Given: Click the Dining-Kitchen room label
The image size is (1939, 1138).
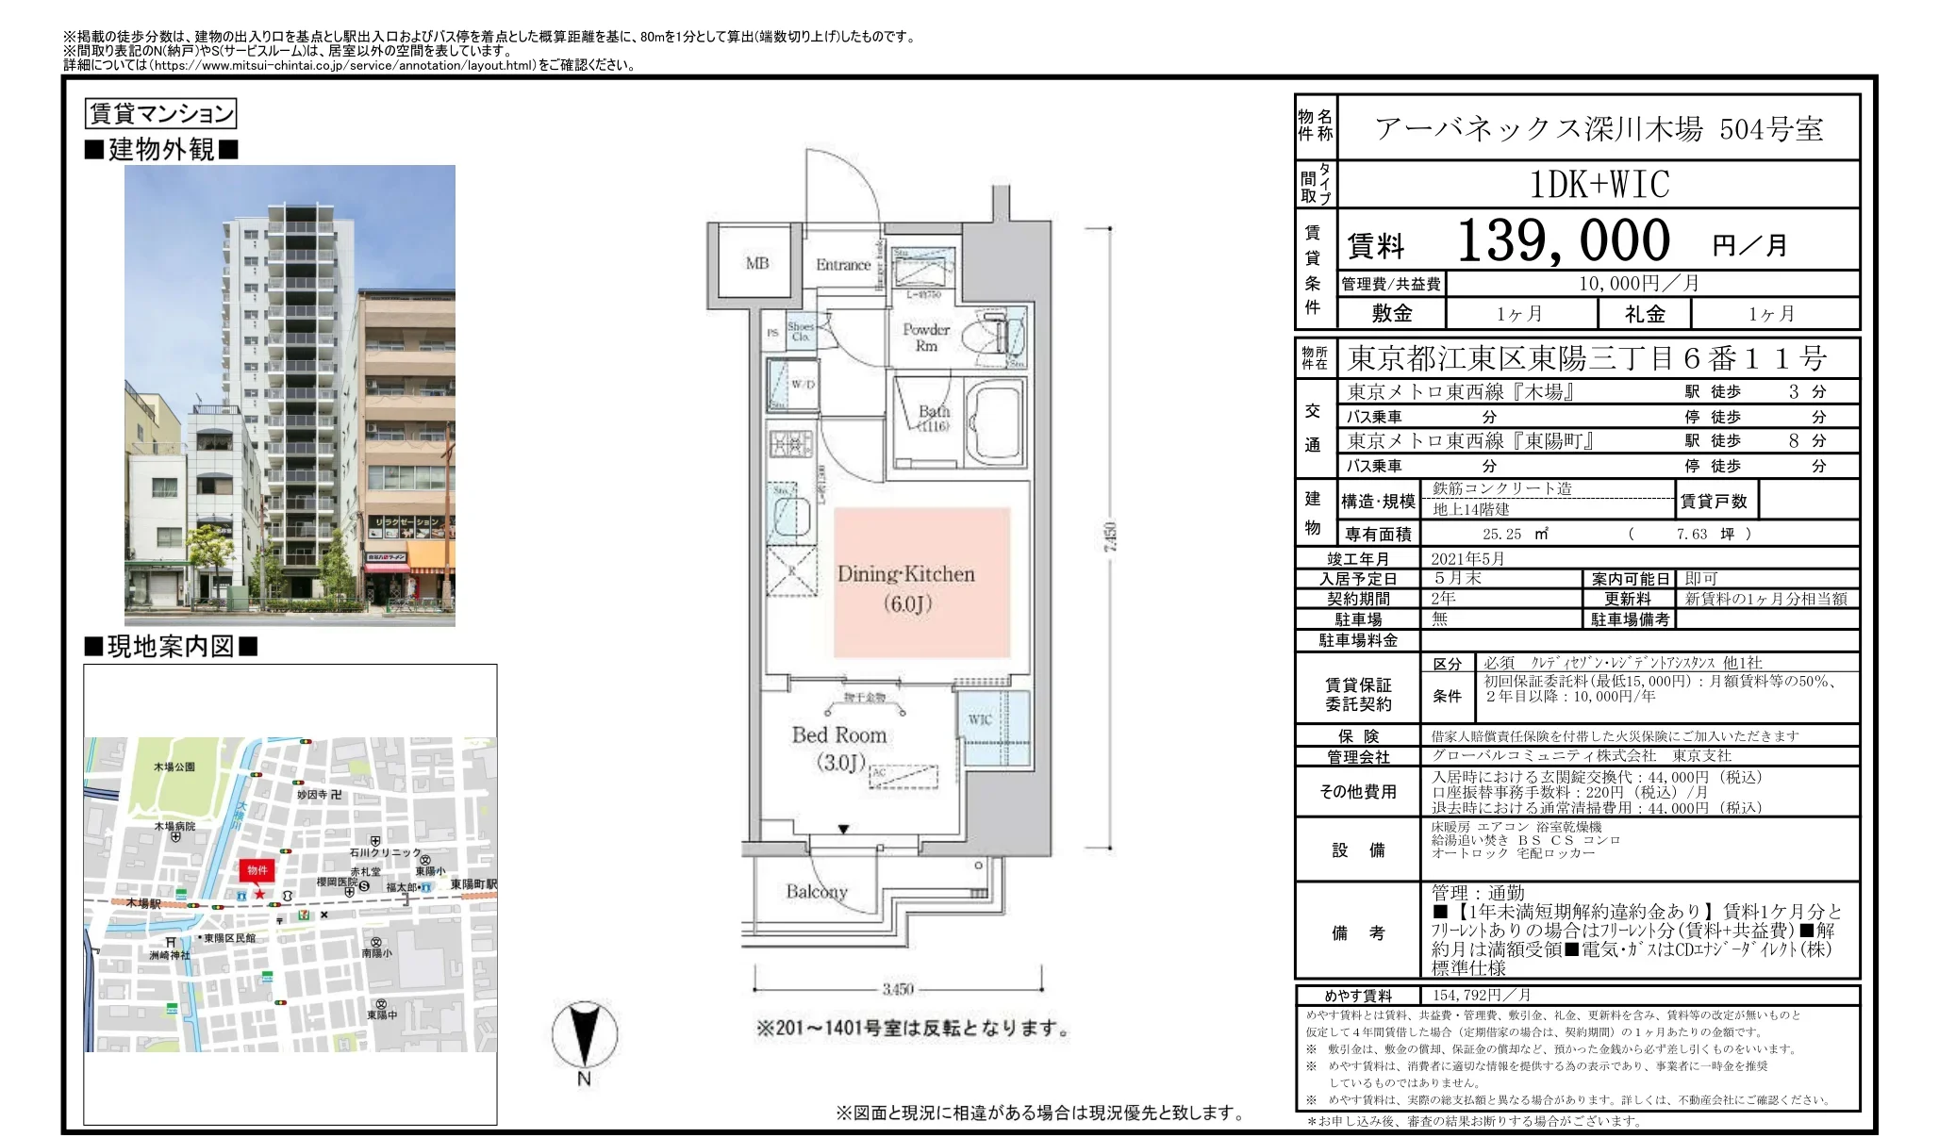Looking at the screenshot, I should [905, 574].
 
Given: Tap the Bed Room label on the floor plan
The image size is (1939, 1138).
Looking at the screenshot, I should [838, 735].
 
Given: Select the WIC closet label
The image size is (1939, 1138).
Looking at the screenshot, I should [980, 719].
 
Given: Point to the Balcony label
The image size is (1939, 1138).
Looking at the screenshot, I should [817, 891].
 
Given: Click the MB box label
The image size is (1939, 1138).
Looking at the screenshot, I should [757, 264].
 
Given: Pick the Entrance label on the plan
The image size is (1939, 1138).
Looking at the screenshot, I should [843, 265].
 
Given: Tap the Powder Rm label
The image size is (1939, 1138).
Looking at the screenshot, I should [926, 337].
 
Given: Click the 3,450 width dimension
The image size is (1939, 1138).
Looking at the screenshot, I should [898, 989].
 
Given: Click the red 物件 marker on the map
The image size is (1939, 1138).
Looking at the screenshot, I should [257, 870].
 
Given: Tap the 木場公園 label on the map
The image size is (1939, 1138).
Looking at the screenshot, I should [174, 767].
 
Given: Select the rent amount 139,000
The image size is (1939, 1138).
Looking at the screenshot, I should [1563, 241].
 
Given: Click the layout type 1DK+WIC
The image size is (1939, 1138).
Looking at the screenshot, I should [1599, 185].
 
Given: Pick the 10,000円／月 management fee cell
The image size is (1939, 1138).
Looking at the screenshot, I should [1639, 284].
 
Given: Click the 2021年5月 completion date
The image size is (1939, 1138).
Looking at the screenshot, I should [1467, 559].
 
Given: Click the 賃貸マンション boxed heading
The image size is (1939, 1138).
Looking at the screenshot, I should [160, 114].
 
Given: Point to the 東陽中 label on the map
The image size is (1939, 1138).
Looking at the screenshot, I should [381, 1014].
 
